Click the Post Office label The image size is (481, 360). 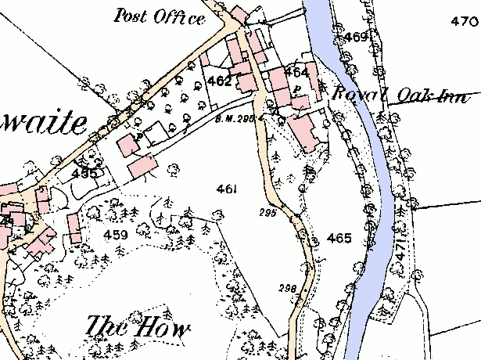pyautogui.click(x=159, y=16)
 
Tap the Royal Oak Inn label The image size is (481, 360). pyautogui.click(x=400, y=95)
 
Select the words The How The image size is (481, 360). pyautogui.click(x=138, y=327)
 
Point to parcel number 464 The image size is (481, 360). pyautogui.click(x=296, y=72)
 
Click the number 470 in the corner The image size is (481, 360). pyautogui.click(x=464, y=21)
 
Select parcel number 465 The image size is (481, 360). pyautogui.click(x=339, y=238)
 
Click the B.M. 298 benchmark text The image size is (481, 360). pyautogui.click(x=233, y=120)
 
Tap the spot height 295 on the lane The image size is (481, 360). pyautogui.click(x=267, y=212)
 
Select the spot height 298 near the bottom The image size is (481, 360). pyautogui.click(x=287, y=289)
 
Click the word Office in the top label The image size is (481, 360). pyautogui.click(x=181, y=17)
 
